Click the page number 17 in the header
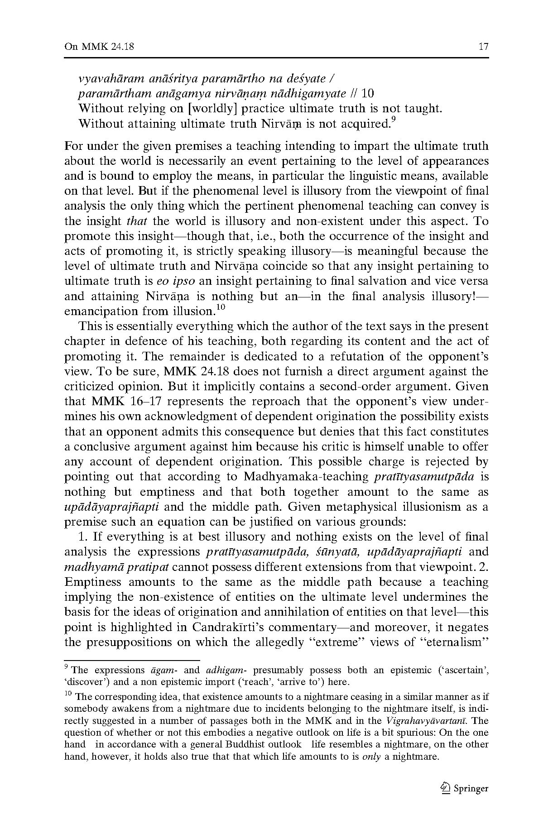point(483,47)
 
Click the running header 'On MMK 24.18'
point(99,47)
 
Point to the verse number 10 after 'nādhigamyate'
point(368,94)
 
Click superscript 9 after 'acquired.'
point(394,120)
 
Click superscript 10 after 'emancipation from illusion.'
point(220,308)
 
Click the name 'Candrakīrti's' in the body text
point(232,627)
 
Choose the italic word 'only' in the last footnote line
point(371,757)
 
